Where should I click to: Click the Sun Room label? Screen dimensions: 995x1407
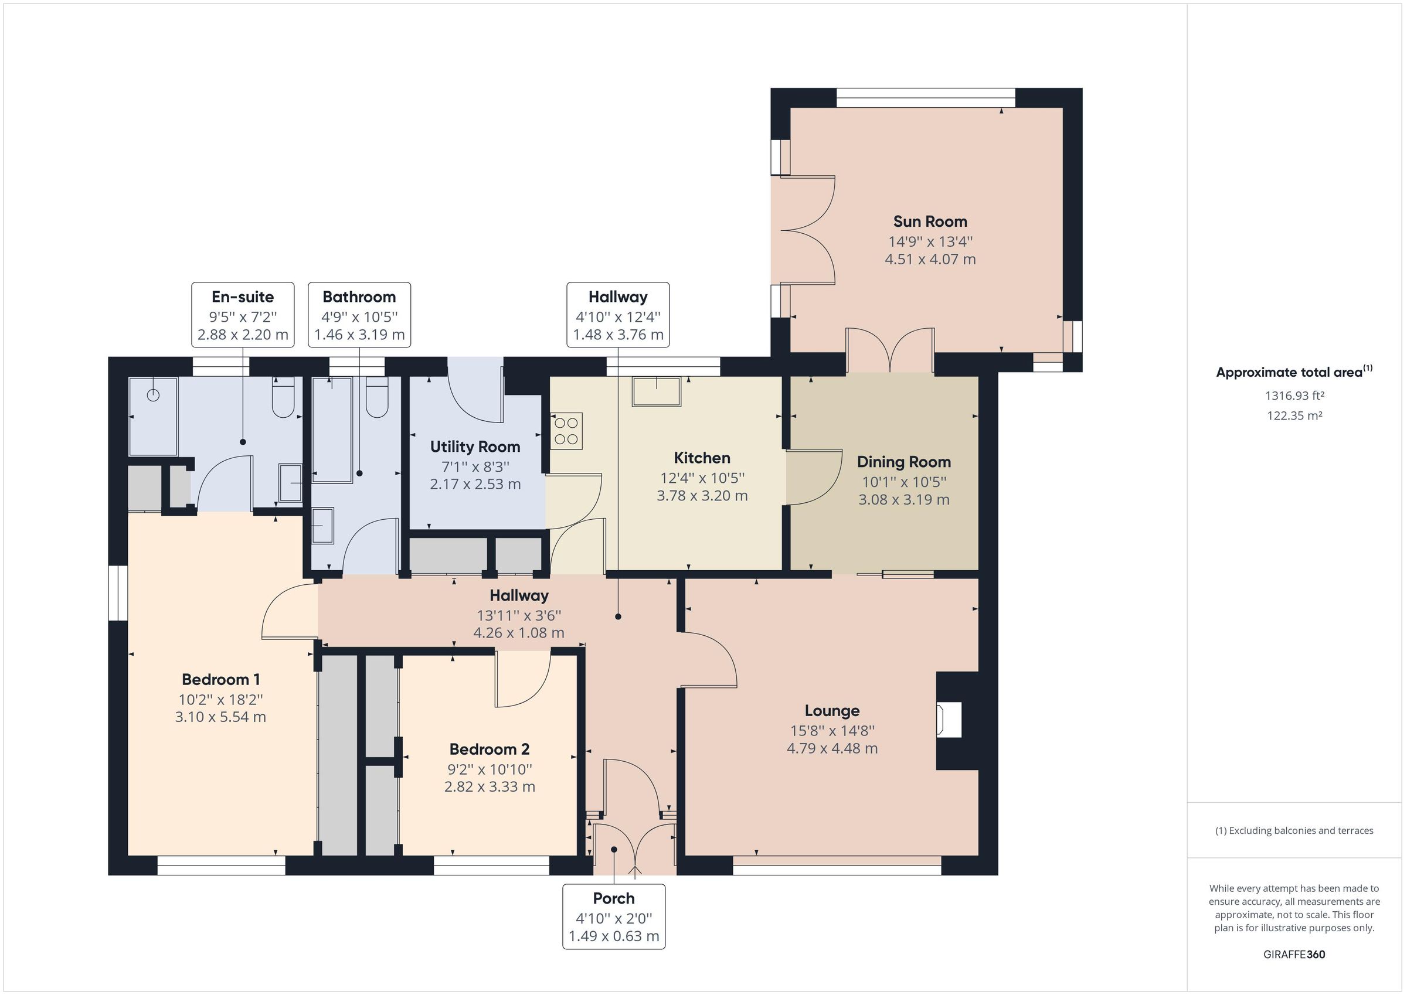click(x=930, y=221)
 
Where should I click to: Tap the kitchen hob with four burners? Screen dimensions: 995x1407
click(x=566, y=431)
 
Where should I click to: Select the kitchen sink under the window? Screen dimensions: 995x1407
click(x=657, y=391)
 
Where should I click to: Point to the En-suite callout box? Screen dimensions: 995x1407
click(x=243, y=315)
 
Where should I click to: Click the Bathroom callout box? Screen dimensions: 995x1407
click(x=359, y=315)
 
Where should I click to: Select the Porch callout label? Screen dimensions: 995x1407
click(x=613, y=916)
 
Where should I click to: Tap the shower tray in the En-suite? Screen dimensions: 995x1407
click(x=153, y=417)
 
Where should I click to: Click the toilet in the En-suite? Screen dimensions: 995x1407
click(x=283, y=398)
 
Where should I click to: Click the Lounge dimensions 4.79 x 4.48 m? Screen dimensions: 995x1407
click(x=831, y=748)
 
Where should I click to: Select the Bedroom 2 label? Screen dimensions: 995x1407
click(x=489, y=749)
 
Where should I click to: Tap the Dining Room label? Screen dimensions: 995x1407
click(x=903, y=462)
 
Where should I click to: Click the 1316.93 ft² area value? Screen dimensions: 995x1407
click(x=1294, y=396)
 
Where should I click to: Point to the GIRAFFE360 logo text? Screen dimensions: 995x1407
click(x=1294, y=954)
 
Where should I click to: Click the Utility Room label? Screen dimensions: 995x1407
click(x=475, y=447)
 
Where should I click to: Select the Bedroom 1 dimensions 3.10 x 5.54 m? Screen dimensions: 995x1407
click(x=220, y=717)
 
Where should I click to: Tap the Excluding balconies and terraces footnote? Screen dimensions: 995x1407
click(x=1294, y=831)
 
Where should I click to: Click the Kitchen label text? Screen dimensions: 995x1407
click(x=702, y=458)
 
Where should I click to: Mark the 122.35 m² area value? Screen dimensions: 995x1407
click(x=1294, y=415)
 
